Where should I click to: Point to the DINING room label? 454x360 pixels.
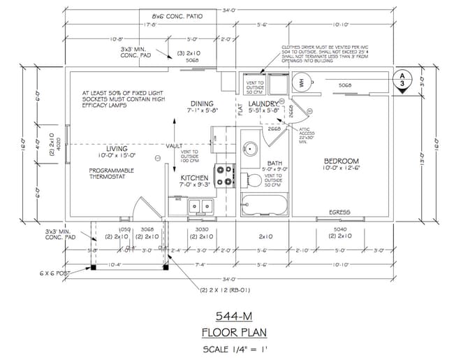coord(200,103)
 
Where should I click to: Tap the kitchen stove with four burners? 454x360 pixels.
coord(225,175)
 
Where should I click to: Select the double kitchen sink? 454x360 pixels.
coord(200,206)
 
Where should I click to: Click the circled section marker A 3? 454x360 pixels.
coord(401,78)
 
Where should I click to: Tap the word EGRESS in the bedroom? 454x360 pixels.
coord(339,212)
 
